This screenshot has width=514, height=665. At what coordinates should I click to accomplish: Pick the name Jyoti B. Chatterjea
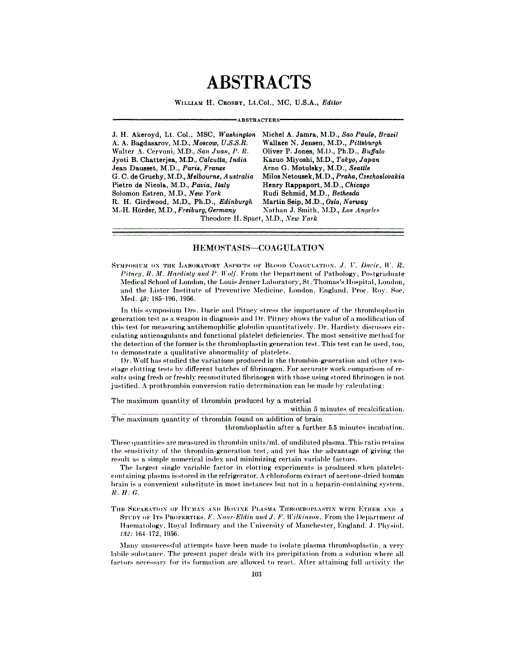pos(139,160)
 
